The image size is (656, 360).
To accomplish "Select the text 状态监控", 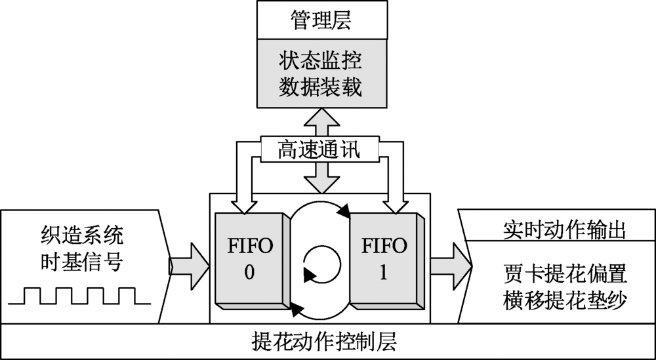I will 320,63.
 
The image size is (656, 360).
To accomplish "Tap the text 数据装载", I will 320,88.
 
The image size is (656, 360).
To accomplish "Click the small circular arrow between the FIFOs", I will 321,264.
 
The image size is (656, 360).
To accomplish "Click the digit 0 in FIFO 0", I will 249,273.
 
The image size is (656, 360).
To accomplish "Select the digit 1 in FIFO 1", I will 384,273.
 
